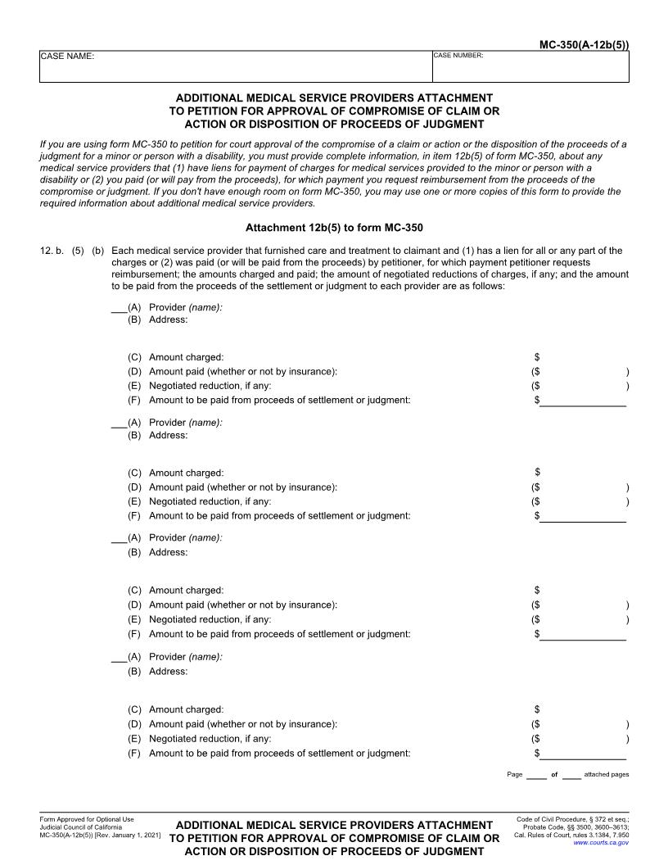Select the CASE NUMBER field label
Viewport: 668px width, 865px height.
458,56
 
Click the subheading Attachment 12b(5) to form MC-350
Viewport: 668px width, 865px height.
334,227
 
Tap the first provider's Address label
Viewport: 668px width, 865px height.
168,319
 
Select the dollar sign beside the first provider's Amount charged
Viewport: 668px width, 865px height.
537,357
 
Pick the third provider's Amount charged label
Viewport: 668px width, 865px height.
186,590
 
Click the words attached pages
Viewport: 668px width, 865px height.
607,774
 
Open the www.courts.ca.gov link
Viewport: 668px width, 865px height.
601,842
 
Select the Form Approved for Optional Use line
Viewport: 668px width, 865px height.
86,819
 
